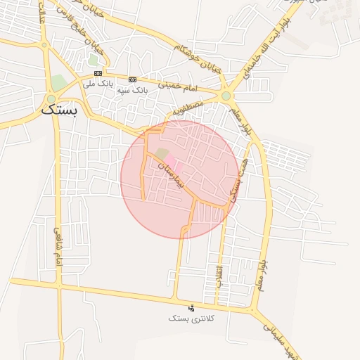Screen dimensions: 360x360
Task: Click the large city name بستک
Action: coord(60,110)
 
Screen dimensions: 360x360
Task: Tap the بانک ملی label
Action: coord(97,84)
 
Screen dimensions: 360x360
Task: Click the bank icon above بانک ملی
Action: coord(98,73)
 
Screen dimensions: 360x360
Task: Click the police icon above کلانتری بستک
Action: coord(192,307)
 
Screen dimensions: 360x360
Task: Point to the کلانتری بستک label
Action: coord(192,319)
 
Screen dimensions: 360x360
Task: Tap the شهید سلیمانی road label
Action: coord(281,341)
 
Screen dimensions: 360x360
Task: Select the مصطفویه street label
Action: coord(188,106)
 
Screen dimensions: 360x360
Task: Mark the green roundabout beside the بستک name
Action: coord(51,99)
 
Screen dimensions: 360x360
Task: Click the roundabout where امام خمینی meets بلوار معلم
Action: coord(226,96)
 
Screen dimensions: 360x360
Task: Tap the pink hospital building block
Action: coord(173,166)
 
